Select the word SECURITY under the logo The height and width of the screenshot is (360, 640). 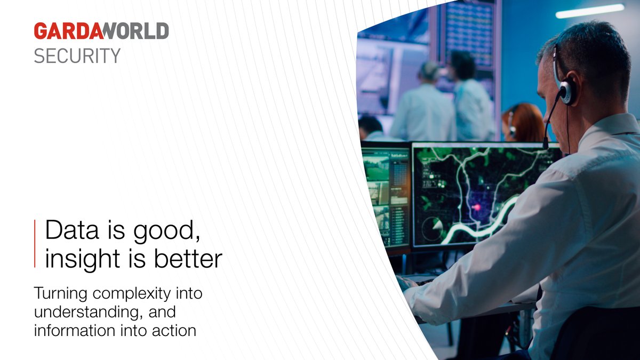(x=77, y=55)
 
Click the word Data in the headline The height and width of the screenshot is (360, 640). (x=67, y=231)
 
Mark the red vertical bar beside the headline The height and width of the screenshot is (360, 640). (x=35, y=243)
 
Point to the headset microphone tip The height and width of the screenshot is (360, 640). (x=545, y=142)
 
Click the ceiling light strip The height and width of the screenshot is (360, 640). (x=589, y=11)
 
